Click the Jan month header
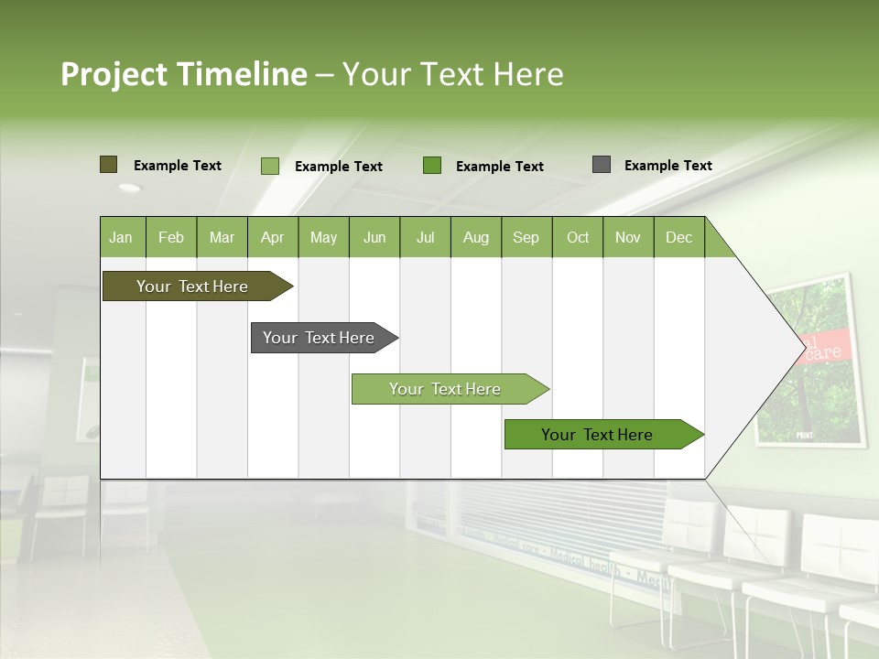(122, 237)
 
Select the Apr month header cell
(273, 237)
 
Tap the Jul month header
(426, 237)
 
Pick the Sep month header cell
(526, 237)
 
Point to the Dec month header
(678, 237)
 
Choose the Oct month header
(578, 237)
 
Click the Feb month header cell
(171, 237)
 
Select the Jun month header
(374, 237)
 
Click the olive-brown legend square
(108, 165)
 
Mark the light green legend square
(269, 166)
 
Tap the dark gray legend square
(601, 165)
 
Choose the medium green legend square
(432, 166)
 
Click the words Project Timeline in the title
(183, 74)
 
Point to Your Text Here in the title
(452, 74)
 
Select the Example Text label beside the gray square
(667, 166)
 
